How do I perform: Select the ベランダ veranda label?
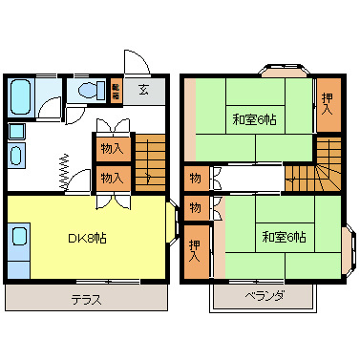tap(265, 295)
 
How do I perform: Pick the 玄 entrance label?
tap(142, 91)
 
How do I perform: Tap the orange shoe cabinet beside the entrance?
tap(116, 91)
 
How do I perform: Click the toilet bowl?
tap(91, 92)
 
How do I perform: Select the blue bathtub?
tap(22, 96)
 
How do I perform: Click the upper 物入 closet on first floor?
tap(111, 149)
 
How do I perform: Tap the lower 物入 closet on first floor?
tap(111, 177)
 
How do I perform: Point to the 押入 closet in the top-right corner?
tap(328, 102)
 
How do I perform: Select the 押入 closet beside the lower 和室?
tap(196, 251)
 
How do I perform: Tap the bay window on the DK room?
tap(178, 227)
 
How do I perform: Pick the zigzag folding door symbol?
tap(63, 171)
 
